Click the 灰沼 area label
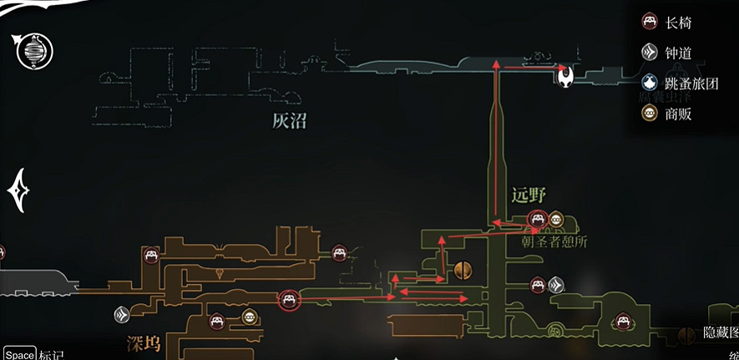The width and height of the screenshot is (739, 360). pyautogui.click(x=289, y=122)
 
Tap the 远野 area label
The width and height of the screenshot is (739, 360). pyautogui.click(x=529, y=195)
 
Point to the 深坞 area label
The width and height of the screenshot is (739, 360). pyautogui.click(x=143, y=343)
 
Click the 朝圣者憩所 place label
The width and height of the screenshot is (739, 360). pyautogui.click(x=554, y=242)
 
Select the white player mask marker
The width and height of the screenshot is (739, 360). pyautogui.click(x=566, y=78)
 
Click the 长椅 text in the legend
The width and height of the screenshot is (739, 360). pyautogui.click(x=678, y=23)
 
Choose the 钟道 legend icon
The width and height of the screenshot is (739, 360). pyautogui.click(x=650, y=53)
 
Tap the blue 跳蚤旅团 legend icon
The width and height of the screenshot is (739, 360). pyautogui.click(x=650, y=83)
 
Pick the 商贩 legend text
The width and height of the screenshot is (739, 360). pyautogui.click(x=678, y=114)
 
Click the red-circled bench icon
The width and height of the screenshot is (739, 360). pyautogui.click(x=289, y=297)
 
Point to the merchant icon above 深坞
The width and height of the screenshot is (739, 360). pyautogui.click(x=248, y=317)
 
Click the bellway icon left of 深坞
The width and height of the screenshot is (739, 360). pyautogui.click(x=123, y=315)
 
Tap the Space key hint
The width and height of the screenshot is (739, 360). pyautogui.click(x=18, y=354)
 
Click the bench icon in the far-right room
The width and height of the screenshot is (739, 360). pyautogui.click(x=622, y=320)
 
